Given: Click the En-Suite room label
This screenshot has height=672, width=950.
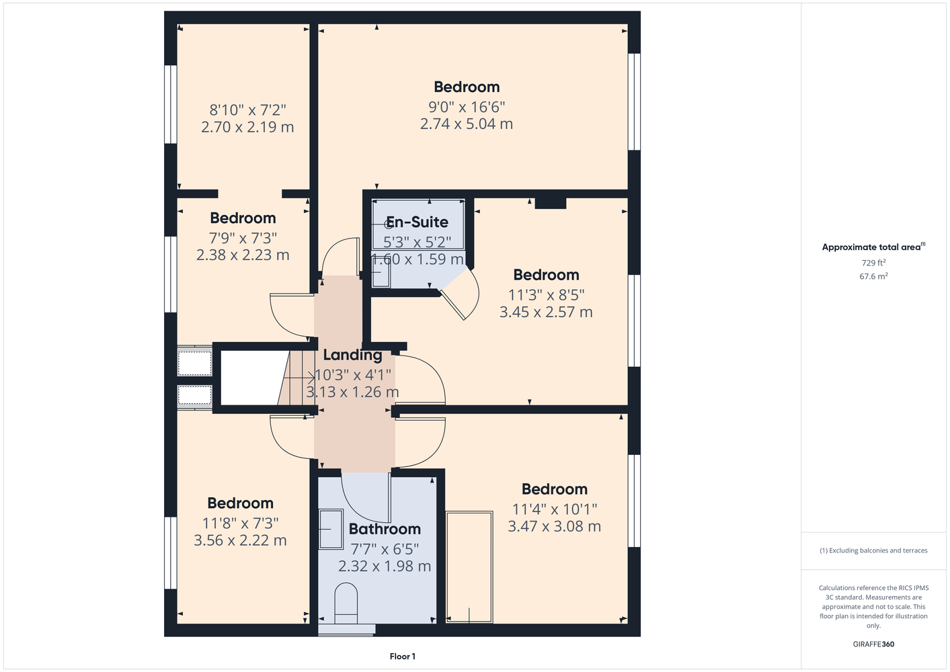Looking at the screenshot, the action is tap(417, 222).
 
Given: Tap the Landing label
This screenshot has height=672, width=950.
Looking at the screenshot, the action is tap(352, 355).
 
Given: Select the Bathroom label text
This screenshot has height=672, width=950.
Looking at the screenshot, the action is tap(385, 529).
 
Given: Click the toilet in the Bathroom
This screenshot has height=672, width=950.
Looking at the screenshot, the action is tap(346, 603).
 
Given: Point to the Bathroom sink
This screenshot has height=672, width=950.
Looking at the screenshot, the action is tap(330, 529).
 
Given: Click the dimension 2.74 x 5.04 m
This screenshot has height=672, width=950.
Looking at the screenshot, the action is tap(467, 124).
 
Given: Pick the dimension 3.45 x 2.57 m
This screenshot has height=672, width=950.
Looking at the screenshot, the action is tap(546, 312).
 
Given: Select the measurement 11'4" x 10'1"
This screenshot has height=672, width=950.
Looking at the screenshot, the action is tap(554, 509).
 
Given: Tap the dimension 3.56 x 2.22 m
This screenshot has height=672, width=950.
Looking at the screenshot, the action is tap(240, 540).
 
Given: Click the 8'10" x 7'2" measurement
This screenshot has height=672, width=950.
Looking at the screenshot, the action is tap(247, 110).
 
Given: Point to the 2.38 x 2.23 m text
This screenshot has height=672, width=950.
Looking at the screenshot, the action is tap(243, 255).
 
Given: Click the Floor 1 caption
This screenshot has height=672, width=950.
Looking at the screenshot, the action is tap(403, 657).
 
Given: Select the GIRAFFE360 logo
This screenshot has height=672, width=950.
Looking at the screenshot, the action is tap(873, 644).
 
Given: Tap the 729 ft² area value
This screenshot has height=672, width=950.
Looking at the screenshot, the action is tap(873, 263).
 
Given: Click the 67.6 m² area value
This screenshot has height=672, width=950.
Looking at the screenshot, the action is tap(873, 276).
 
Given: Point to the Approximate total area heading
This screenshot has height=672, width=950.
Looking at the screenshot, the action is tap(873, 247).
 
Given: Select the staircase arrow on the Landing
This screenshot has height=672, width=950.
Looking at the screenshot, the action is tap(299, 377).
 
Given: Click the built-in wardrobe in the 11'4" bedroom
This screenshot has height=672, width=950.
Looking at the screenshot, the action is tap(469, 567).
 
